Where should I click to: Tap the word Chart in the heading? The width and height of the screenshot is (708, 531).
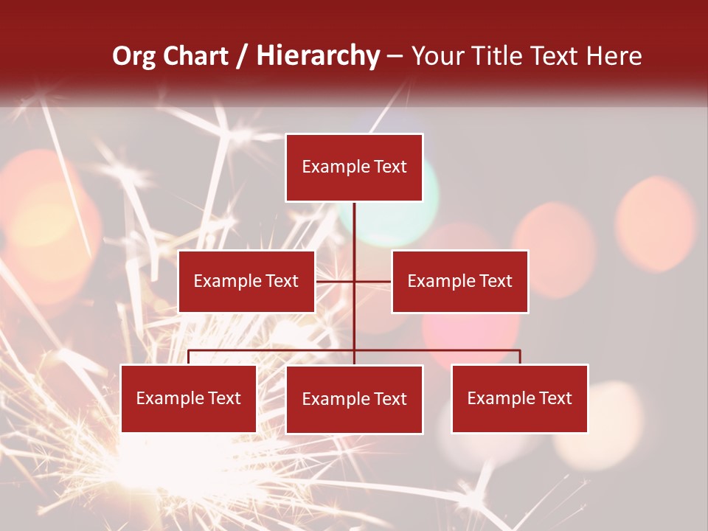pos(195,56)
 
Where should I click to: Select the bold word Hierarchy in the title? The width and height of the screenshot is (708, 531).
pos(318,56)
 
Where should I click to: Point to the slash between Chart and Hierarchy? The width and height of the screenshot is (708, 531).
pos(242,56)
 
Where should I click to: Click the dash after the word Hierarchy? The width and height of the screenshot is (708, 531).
pos(395,57)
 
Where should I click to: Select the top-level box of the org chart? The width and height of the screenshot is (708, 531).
pos(354,167)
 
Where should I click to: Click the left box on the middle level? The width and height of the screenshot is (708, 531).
pos(246,281)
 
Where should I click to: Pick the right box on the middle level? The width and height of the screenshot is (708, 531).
pos(459,281)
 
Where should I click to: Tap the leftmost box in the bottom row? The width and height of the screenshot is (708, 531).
pos(188,398)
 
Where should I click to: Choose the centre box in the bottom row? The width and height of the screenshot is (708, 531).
pos(354,399)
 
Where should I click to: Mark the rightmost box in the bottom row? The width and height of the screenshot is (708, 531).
pos(519,398)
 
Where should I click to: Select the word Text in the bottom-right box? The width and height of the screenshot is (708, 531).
pos(555,398)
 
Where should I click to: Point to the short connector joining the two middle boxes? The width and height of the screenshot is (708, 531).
pos(353,281)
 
